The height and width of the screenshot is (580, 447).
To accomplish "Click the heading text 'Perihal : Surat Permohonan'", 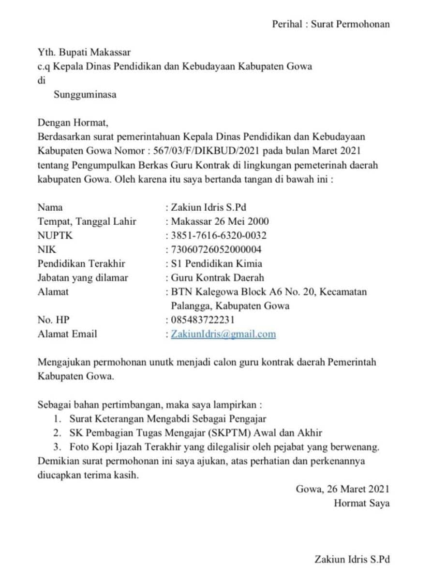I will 330,24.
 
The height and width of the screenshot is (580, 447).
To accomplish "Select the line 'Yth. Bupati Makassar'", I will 84,52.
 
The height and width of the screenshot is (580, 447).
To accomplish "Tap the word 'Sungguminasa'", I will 85,95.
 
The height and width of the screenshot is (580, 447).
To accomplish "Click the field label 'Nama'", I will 50,207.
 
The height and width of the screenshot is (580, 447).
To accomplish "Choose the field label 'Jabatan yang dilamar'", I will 83,278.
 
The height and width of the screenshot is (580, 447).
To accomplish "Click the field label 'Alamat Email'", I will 67,334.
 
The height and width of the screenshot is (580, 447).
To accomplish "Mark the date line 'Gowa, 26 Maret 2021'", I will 343,489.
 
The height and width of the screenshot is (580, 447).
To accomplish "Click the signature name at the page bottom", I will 352,560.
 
